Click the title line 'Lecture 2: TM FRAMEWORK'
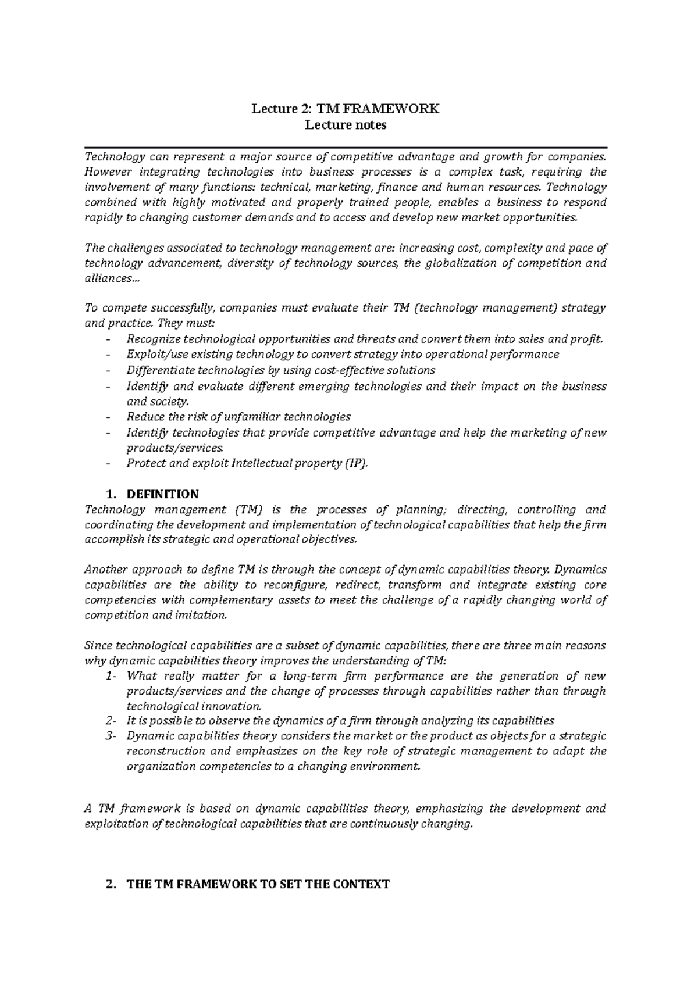pos(346,109)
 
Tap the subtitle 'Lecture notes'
pos(346,125)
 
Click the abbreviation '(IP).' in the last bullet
pos(356,463)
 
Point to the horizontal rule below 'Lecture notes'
pos(346,148)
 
